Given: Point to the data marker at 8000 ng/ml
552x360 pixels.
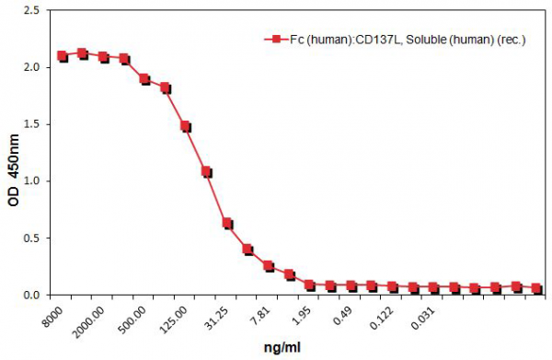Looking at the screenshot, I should click(x=63, y=56).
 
